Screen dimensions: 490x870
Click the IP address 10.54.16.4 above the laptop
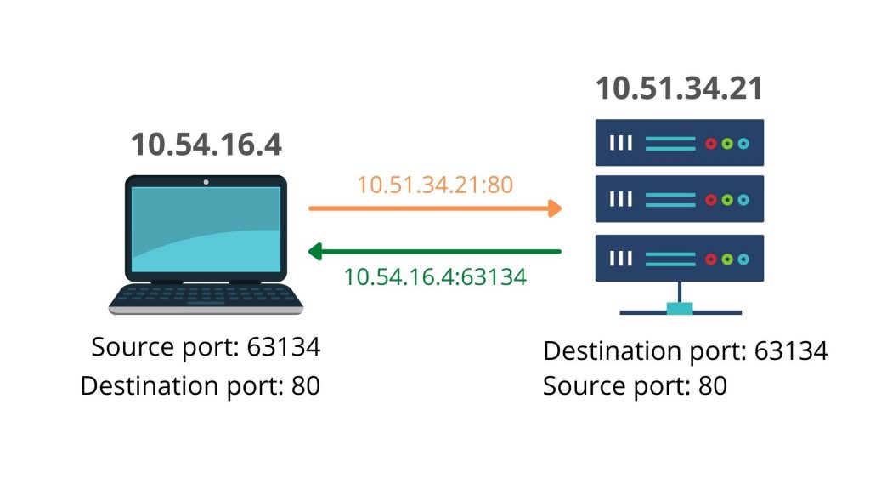(x=206, y=145)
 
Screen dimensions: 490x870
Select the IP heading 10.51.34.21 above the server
(x=679, y=88)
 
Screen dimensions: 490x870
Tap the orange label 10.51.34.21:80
(x=435, y=185)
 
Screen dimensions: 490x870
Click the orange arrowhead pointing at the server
(x=555, y=208)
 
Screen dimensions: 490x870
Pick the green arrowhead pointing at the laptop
(x=314, y=251)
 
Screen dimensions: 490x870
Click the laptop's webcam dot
(x=206, y=182)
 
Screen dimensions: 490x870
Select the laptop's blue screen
(x=206, y=228)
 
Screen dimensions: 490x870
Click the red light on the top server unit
(x=710, y=143)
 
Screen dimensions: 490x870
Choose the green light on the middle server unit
(x=726, y=200)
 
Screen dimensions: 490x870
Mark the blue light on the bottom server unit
(x=743, y=258)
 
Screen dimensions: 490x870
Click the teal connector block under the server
(x=680, y=308)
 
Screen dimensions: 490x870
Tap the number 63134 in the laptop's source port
(x=283, y=348)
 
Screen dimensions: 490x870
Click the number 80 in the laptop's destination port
(x=305, y=385)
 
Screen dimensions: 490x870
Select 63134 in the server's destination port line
(x=790, y=351)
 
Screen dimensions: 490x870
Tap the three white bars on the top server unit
(x=621, y=143)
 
